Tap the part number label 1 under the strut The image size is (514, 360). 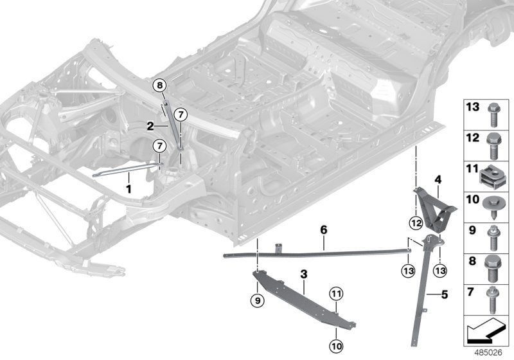(x=128, y=189)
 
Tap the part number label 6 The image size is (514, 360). (x=324, y=230)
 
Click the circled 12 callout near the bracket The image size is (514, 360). (x=416, y=223)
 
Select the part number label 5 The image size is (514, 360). (x=443, y=296)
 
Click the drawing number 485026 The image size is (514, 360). (x=489, y=352)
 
